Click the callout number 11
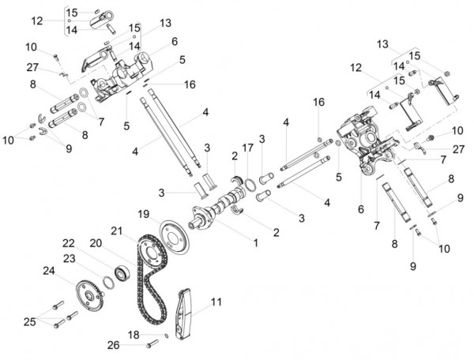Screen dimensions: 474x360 tap(216, 302)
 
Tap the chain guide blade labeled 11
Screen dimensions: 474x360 tap(183, 314)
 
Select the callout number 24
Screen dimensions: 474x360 tap(49, 271)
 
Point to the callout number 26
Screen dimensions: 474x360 tap(114, 345)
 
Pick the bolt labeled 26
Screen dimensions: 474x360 tap(152, 343)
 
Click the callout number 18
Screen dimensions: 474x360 tap(134, 335)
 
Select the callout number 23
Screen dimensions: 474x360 tap(70, 258)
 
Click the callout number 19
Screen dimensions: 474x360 tap(144, 215)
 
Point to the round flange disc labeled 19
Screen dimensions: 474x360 tap(174, 238)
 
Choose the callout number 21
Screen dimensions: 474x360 tap(117, 231)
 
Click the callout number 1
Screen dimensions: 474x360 tap(256, 243)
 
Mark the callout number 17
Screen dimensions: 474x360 tap(247, 148)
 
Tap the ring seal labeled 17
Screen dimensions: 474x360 tap(250, 185)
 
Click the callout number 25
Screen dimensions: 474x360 tap(30, 322)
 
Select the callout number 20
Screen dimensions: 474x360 tap(96, 243)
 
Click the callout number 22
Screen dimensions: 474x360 tap(69, 243)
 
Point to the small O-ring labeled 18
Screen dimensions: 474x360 tap(166, 336)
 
